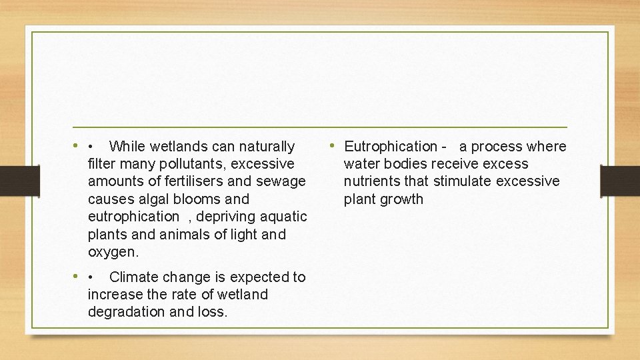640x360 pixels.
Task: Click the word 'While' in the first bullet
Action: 128,146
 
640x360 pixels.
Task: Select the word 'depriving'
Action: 225,217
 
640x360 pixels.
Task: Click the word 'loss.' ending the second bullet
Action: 213,312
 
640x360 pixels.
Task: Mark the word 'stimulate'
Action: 463,181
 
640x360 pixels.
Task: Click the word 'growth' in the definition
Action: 402,199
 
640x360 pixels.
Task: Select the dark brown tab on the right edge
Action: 619,181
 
